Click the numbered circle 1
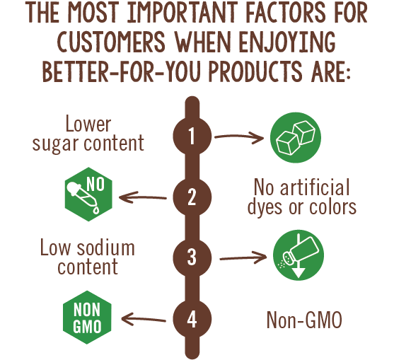tap(192, 136)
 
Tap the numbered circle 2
tap(192, 197)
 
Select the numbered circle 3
tap(192, 257)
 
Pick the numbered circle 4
tap(192, 319)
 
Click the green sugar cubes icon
tap(296, 137)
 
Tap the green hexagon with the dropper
tap(88, 194)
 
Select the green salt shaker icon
tap(299, 255)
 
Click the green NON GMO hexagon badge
tap(87, 318)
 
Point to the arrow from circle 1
tap(239, 137)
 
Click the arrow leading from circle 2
tap(142, 197)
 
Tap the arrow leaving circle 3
tap(243, 257)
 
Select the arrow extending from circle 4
tap(144, 319)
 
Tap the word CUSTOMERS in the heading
tap(111, 42)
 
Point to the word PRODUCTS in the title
tap(255, 71)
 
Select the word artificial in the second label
tap(315, 187)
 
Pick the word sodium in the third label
tap(106, 248)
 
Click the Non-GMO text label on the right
tap(304, 320)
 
